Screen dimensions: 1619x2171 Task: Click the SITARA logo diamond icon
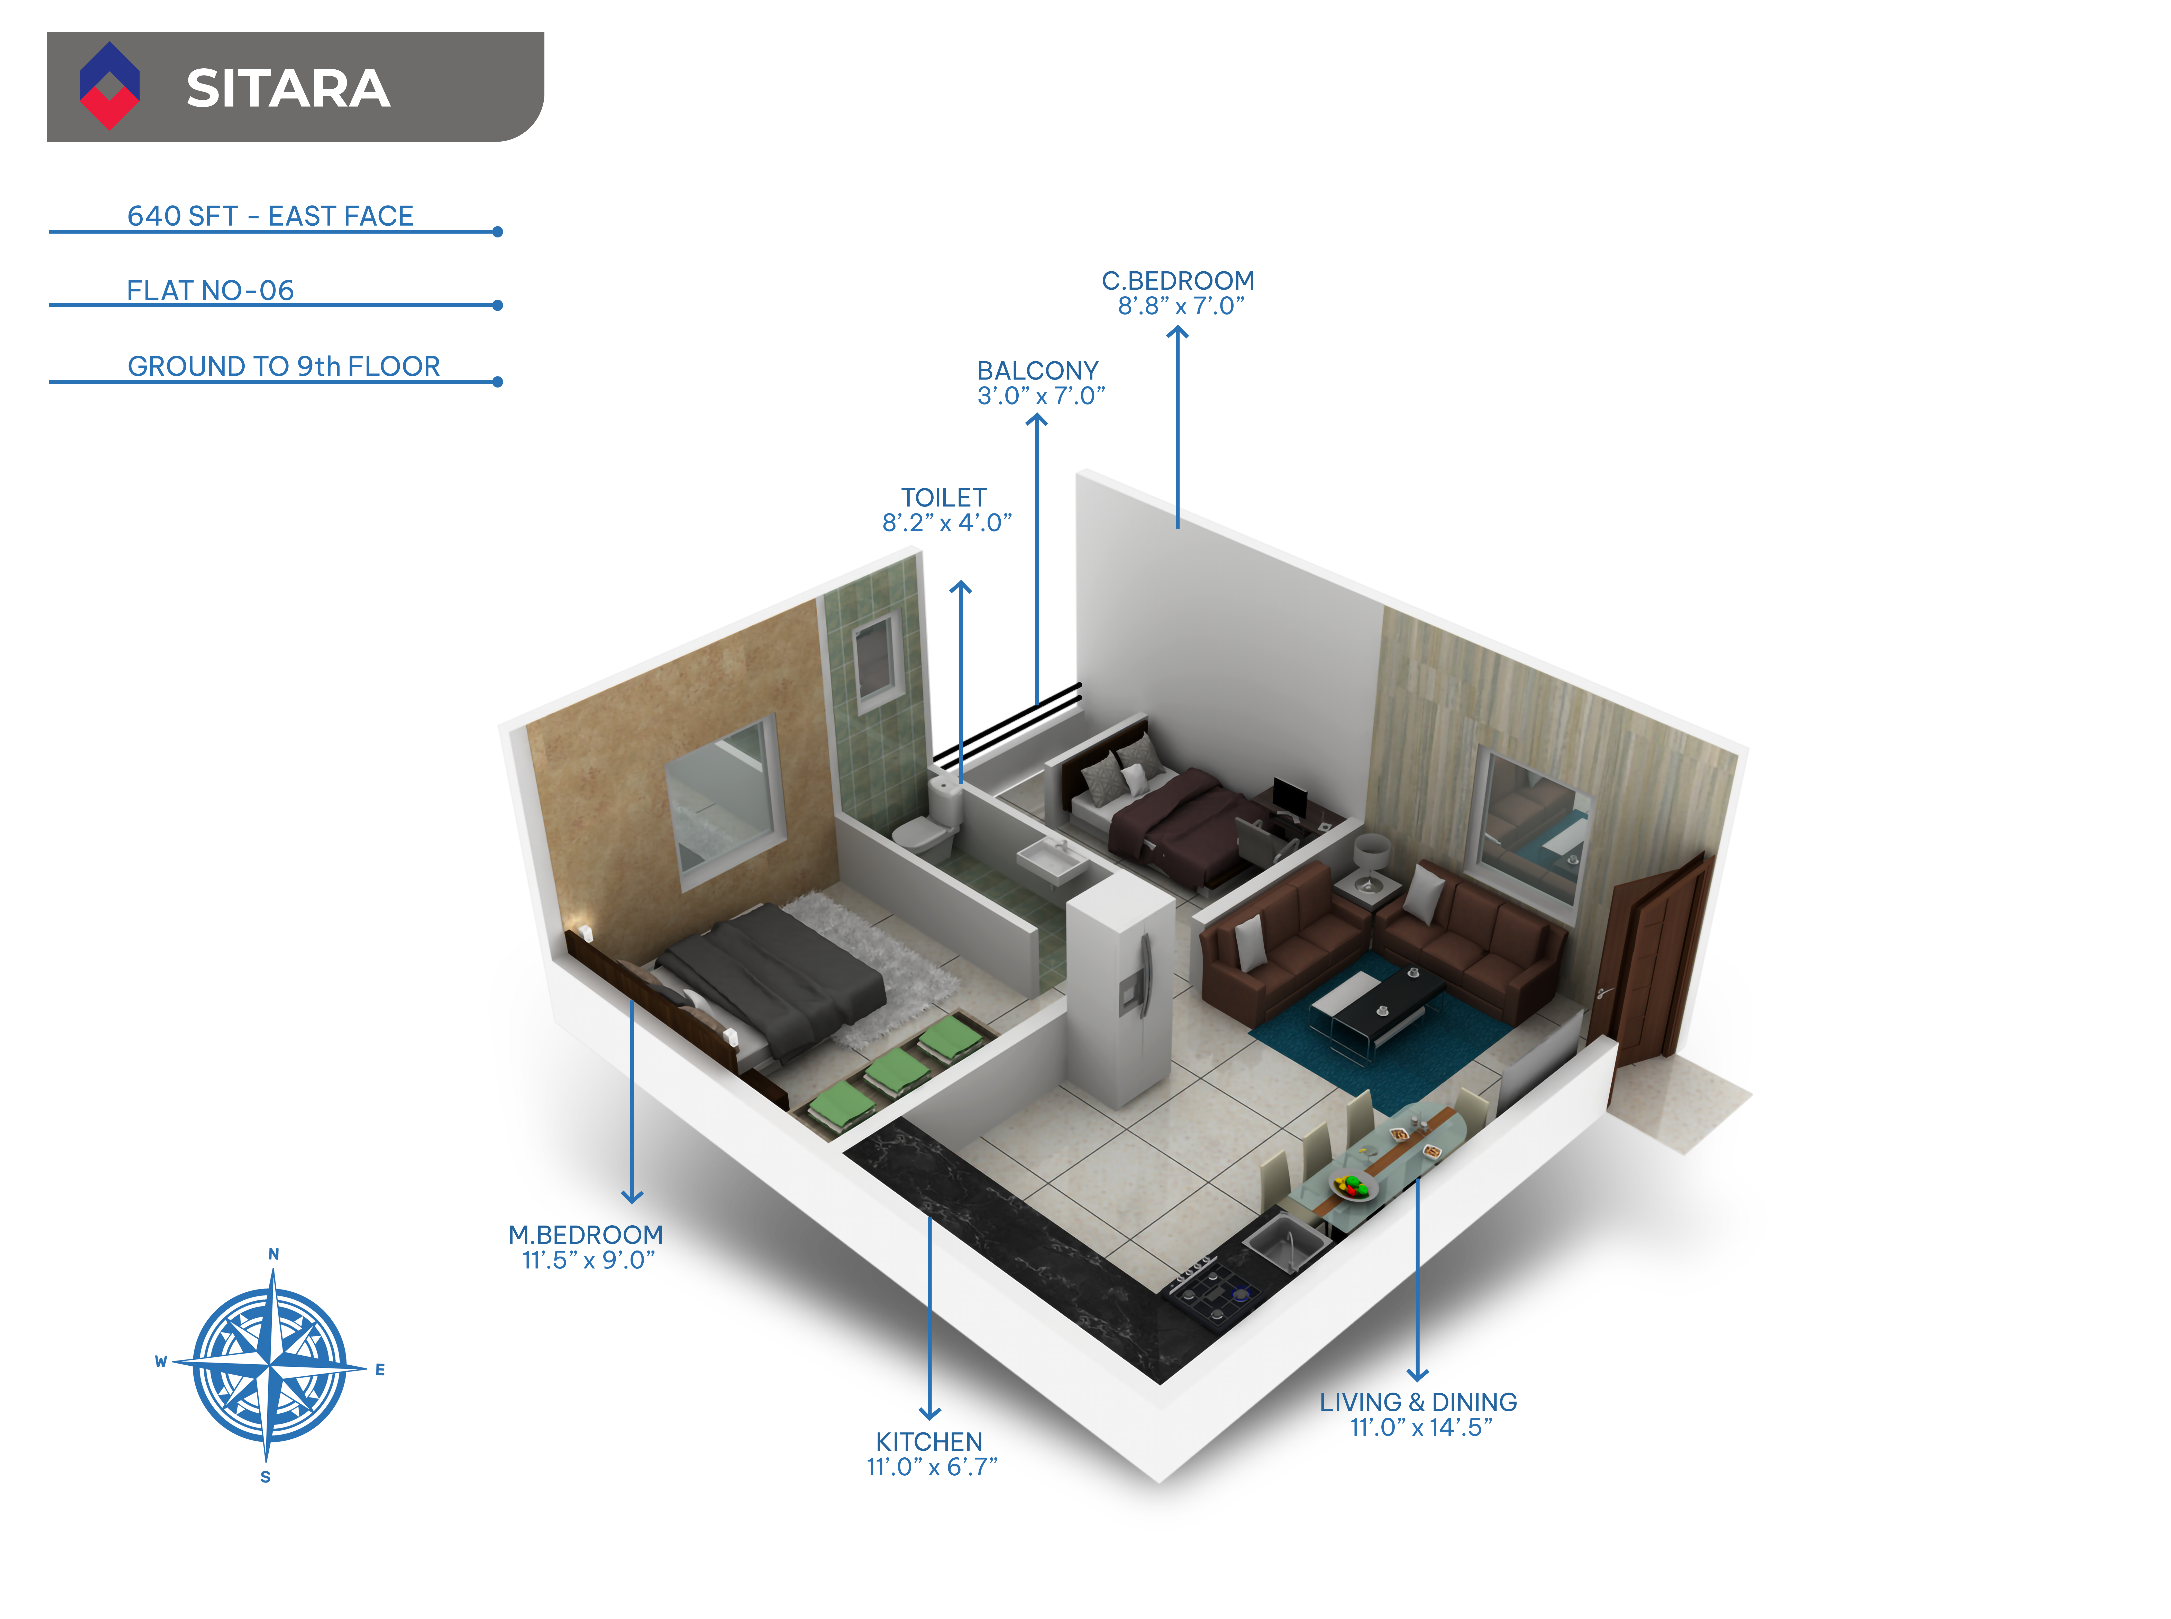pyautogui.click(x=109, y=86)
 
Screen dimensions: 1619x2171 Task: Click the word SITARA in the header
pyautogui.click(x=288, y=88)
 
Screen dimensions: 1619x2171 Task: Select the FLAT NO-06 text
pyautogui.click(x=211, y=290)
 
